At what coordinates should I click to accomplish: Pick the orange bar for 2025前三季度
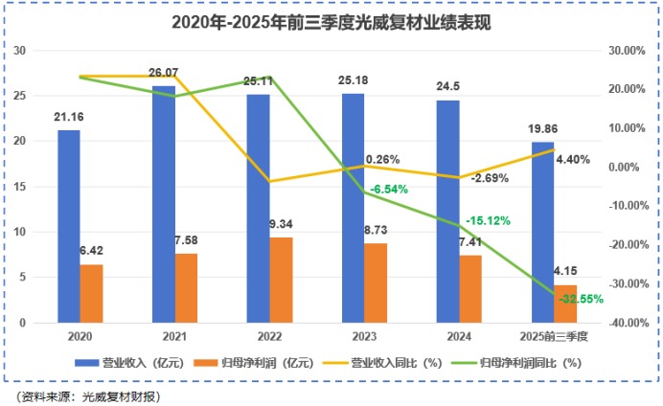pos(565,304)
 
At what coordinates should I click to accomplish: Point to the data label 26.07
pos(165,73)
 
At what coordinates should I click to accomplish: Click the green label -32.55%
pos(582,299)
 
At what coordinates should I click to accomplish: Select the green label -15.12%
pos(488,221)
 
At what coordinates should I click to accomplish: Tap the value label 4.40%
pos(572,160)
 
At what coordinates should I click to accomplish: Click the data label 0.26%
pos(382,159)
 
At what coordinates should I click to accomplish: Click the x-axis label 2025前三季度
pos(554,337)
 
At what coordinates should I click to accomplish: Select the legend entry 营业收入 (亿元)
pos(119,363)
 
